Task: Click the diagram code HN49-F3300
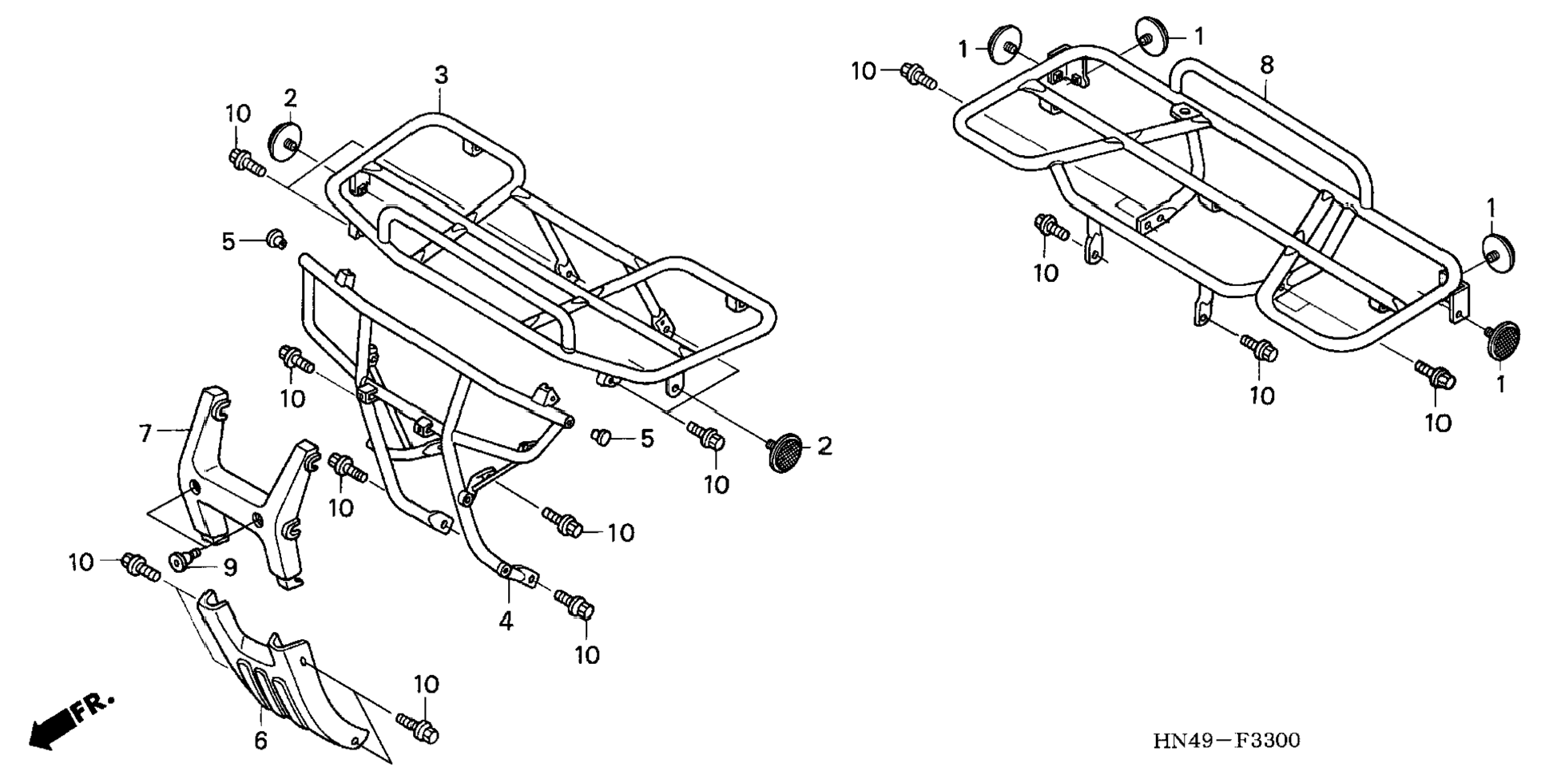click(x=1226, y=741)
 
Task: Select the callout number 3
click(x=441, y=76)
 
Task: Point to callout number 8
click(x=1267, y=66)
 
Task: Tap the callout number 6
click(x=260, y=741)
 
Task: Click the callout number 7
click(x=145, y=434)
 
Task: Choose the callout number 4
click(x=506, y=621)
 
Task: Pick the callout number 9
click(x=230, y=567)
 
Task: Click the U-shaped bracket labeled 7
click(x=240, y=479)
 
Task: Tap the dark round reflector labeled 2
click(x=784, y=452)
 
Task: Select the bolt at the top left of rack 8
click(x=917, y=74)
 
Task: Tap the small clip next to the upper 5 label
click(x=276, y=238)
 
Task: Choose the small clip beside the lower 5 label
click(x=601, y=435)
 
